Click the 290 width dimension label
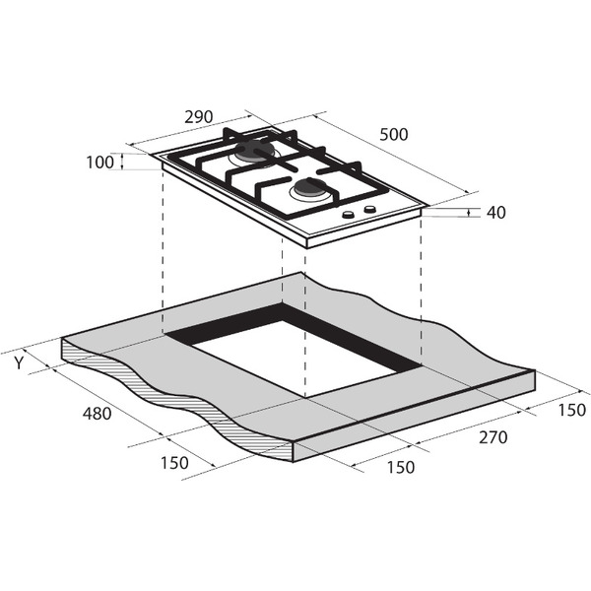tap(199, 117)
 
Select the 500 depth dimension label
tap(393, 135)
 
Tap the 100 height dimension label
tap(99, 163)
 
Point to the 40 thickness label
tap(496, 213)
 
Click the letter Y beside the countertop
tap(19, 362)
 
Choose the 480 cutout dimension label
tap(97, 414)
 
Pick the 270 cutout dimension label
tap(493, 437)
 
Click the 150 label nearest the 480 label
tap(174, 463)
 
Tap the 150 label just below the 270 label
tap(401, 467)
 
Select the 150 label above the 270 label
tap(571, 411)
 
